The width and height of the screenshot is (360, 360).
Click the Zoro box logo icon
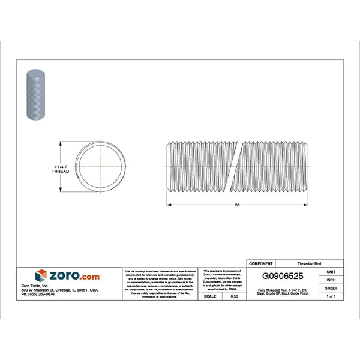pyautogui.click(x=41, y=276)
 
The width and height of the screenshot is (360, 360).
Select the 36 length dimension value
pyautogui.click(x=238, y=205)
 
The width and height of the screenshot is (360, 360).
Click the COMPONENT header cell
pyautogui.click(x=260, y=263)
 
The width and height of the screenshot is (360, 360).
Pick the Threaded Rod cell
pyautogui.click(x=309, y=263)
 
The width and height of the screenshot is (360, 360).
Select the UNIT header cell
pyautogui.click(x=331, y=272)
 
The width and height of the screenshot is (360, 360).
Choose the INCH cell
pyautogui.click(x=331, y=280)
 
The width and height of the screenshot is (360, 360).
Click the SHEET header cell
pyautogui.click(x=331, y=289)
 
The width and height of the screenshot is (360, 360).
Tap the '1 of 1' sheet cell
pyautogui.click(x=331, y=297)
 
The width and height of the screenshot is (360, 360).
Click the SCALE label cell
pyautogui.click(x=210, y=297)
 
